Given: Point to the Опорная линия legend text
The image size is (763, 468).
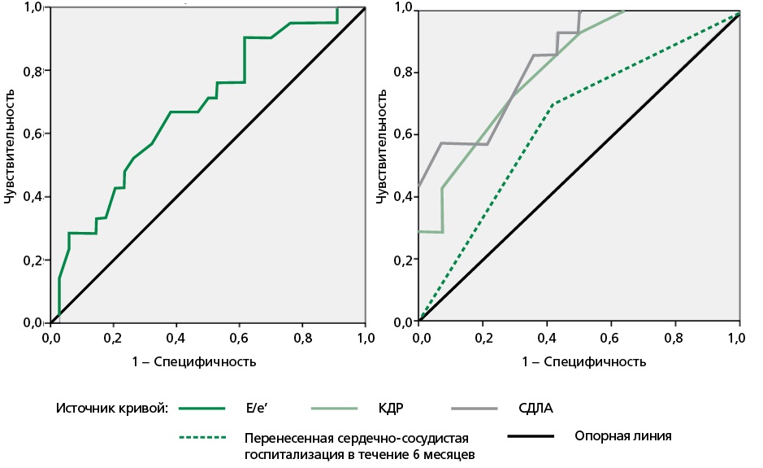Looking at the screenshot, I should pos(622,435).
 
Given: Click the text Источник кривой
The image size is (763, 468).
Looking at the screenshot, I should pos(111,409).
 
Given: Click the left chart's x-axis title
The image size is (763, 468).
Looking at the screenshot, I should pos(207,361).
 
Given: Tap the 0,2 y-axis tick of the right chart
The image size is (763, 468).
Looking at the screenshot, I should pos(403,260).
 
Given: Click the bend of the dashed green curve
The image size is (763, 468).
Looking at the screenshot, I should pos(553,104).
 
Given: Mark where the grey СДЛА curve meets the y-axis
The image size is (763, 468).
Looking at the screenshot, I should pos(420,186).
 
